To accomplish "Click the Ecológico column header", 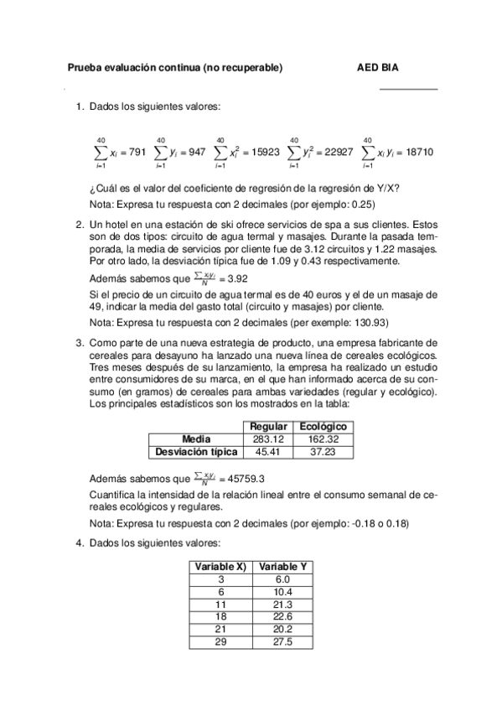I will (323, 427).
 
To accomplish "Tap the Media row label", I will (196, 439).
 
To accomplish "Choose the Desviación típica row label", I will (196, 452).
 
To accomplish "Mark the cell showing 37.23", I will (323, 452).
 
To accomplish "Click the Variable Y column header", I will (282, 567).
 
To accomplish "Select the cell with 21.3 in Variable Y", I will (282, 605).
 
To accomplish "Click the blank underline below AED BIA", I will (408, 88).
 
